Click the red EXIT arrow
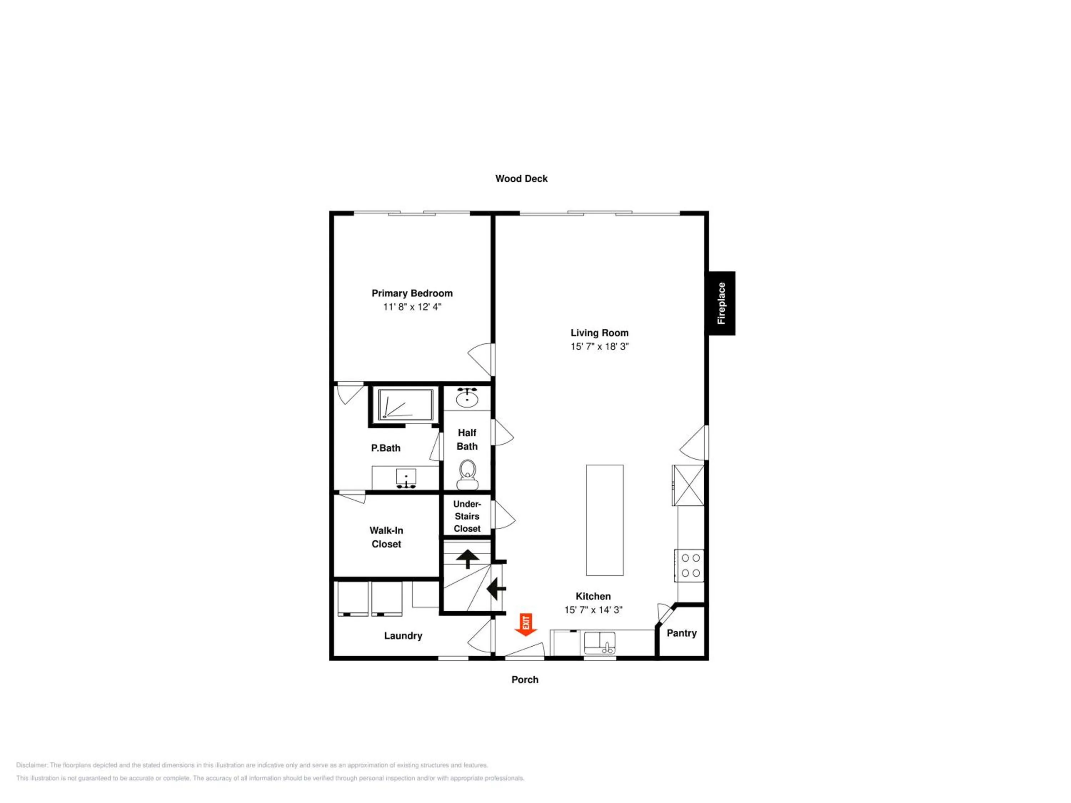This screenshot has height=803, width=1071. pyautogui.click(x=526, y=625)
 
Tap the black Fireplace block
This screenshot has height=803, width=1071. pyautogui.click(x=722, y=303)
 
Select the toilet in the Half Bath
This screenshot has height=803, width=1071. pyautogui.click(x=467, y=475)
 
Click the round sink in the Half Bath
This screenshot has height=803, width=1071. pyautogui.click(x=467, y=398)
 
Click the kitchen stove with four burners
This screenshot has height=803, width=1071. pyautogui.click(x=689, y=565)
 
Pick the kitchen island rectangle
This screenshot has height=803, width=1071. pyautogui.click(x=605, y=520)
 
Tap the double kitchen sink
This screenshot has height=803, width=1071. pyautogui.click(x=599, y=643)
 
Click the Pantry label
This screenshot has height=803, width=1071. pyautogui.click(x=682, y=633)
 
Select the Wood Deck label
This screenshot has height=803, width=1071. pyautogui.click(x=522, y=178)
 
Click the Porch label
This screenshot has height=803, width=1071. pyautogui.click(x=525, y=680)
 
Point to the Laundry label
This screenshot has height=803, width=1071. pyautogui.click(x=403, y=636)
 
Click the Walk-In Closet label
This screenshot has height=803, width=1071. pyautogui.click(x=386, y=537)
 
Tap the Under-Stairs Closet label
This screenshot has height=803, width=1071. pyautogui.click(x=467, y=516)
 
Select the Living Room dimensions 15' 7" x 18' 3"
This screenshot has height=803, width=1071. pyautogui.click(x=599, y=347)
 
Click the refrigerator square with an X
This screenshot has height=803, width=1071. pyautogui.click(x=688, y=485)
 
